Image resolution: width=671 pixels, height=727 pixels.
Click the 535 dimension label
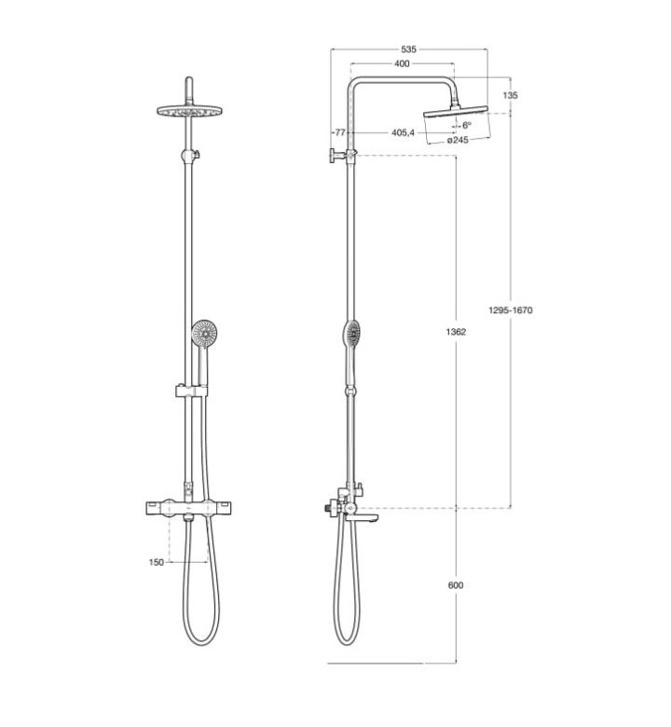(x=408, y=49)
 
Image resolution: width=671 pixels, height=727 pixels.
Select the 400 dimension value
(x=402, y=63)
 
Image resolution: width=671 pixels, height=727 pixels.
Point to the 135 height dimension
(x=510, y=95)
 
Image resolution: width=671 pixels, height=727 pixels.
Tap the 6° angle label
(x=467, y=125)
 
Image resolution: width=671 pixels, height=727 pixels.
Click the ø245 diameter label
(x=458, y=140)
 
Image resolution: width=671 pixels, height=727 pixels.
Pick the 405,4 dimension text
(x=403, y=132)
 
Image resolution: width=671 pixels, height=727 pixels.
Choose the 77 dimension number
(x=340, y=132)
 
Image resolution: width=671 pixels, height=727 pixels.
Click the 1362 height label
(x=456, y=332)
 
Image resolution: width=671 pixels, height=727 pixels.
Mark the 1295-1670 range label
(x=511, y=310)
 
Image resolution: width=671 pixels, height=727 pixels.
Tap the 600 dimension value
(x=456, y=585)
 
